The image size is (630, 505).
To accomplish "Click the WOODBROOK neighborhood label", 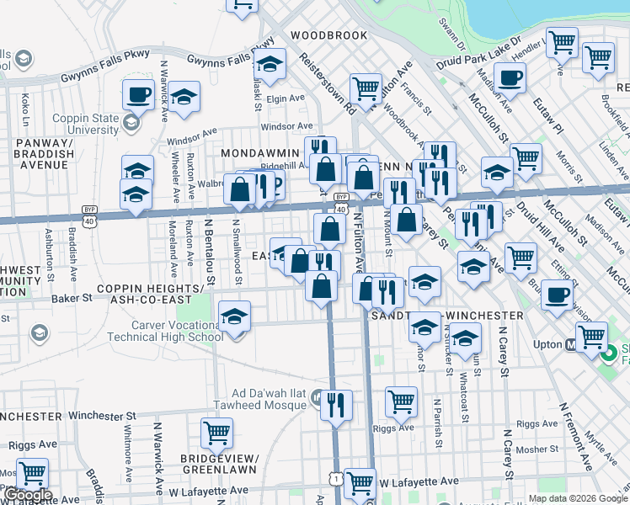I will pyautogui.click(x=328, y=35).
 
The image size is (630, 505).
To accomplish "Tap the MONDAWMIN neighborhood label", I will pyautogui.click(x=260, y=153).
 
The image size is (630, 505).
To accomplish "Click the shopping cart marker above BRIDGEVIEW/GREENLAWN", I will pyautogui.click(x=216, y=433).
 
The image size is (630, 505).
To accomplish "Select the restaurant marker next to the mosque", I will pyautogui.click(x=336, y=405).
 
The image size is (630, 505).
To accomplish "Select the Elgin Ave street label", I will pyautogui.click(x=285, y=98).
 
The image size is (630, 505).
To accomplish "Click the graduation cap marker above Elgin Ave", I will pyautogui.click(x=270, y=65).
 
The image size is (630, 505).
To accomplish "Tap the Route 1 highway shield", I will pyautogui.click(x=336, y=477).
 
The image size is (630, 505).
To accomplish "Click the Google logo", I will pyautogui.click(x=28, y=494).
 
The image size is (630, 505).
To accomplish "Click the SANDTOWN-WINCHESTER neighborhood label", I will pyautogui.click(x=448, y=315).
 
